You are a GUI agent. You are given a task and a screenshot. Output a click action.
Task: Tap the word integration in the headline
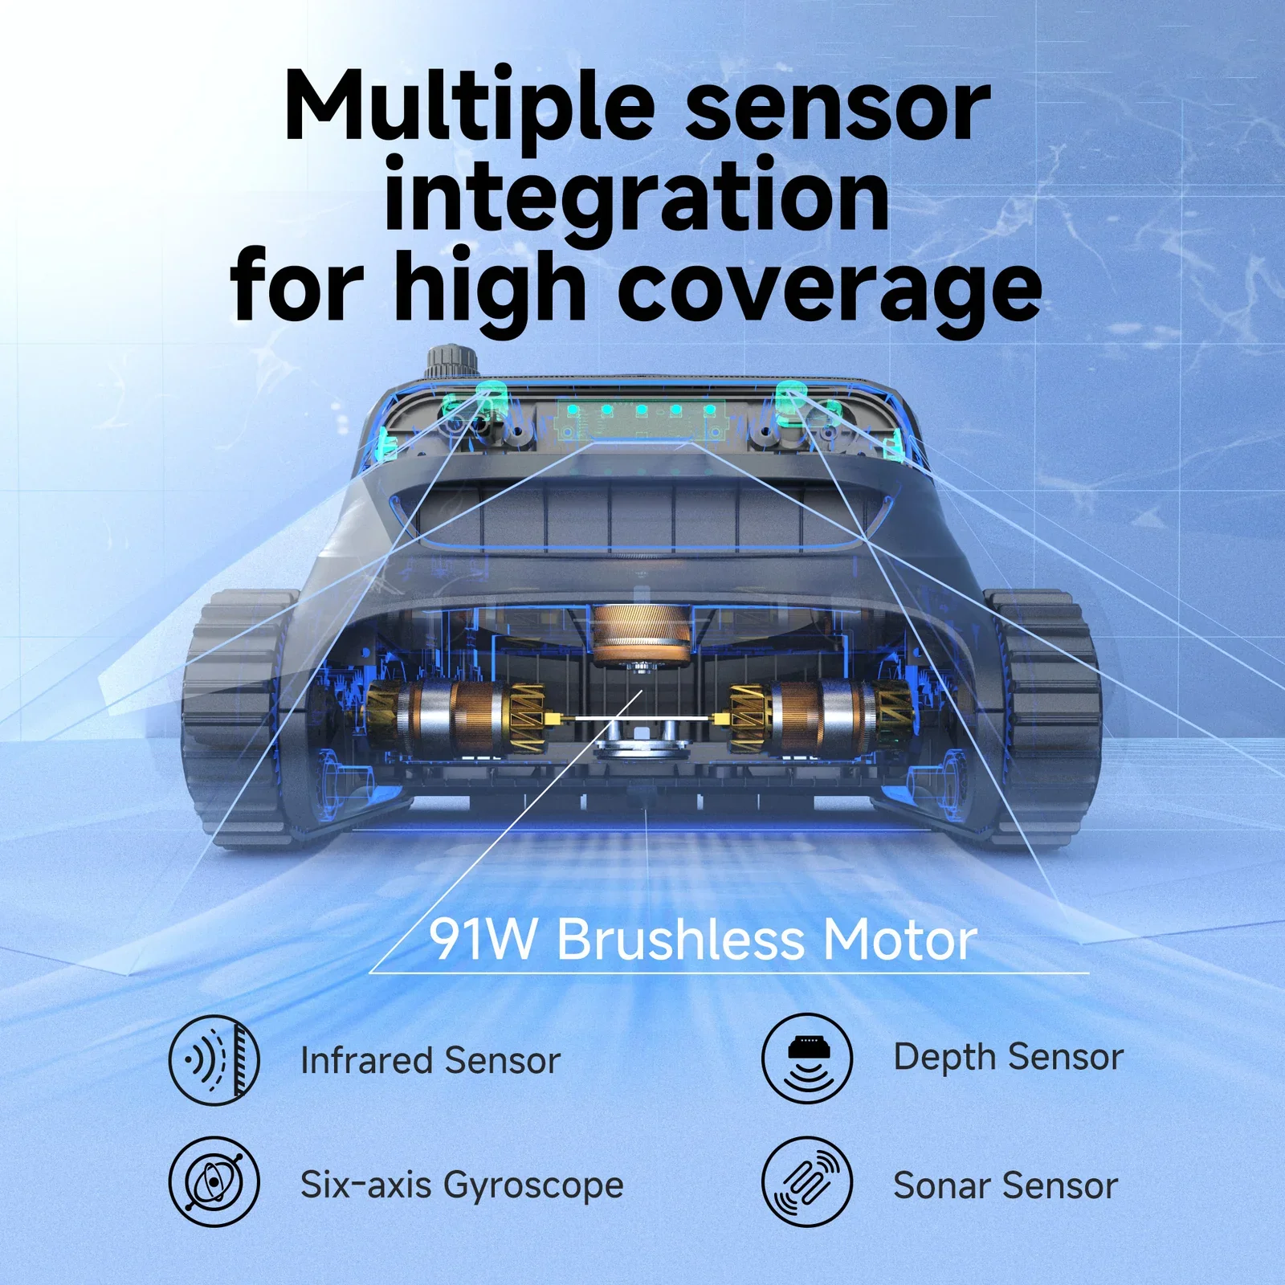pyautogui.click(x=637, y=196)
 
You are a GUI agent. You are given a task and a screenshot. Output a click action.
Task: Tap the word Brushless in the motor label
pyautogui.click(x=679, y=939)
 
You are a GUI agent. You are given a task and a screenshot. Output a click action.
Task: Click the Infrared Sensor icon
pyautogui.click(x=214, y=1059)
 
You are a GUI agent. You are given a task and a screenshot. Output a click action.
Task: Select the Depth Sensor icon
pyautogui.click(x=806, y=1058)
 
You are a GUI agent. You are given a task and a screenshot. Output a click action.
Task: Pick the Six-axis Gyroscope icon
pyautogui.click(x=214, y=1182)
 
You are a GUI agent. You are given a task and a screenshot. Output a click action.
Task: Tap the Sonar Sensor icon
pyautogui.click(x=806, y=1182)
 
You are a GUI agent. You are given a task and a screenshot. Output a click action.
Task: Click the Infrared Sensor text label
pyautogui.click(x=430, y=1060)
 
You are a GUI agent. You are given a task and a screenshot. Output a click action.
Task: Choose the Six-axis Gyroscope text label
pyautogui.click(x=461, y=1185)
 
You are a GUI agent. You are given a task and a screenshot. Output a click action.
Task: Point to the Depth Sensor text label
pyautogui.click(x=1008, y=1057)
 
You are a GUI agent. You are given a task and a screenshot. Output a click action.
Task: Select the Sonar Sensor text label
pyautogui.click(x=1006, y=1185)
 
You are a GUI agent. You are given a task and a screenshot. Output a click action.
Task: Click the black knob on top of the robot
pyautogui.click(x=451, y=363)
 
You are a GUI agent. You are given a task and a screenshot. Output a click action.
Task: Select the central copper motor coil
pyautogui.click(x=641, y=634)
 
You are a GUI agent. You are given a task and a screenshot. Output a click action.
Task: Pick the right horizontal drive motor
pyautogui.click(x=819, y=717)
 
